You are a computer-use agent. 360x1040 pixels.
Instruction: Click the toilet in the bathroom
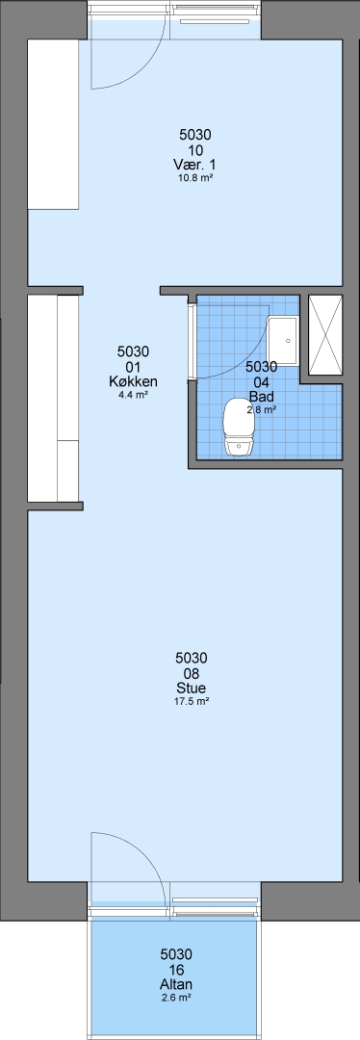(x=238, y=427)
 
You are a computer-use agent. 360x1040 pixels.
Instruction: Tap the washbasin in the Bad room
(x=283, y=340)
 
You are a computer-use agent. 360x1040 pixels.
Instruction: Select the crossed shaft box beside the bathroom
(x=325, y=336)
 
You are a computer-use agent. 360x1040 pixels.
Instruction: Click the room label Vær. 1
(x=195, y=165)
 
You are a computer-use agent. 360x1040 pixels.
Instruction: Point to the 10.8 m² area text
(x=195, y=178)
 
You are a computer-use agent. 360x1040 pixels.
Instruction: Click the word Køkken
(x=133, y=381)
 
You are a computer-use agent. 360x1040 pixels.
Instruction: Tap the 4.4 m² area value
(x=133, y=395)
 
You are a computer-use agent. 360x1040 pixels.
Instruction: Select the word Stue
(x=192, y=688)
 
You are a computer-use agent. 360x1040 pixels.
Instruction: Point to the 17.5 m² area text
(x=192, y=701)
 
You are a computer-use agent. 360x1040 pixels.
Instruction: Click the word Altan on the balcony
(x=176, y=984)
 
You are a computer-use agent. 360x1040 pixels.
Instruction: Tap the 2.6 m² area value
(x=176, y=998)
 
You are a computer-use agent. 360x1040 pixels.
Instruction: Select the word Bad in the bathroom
(x=261, y=397)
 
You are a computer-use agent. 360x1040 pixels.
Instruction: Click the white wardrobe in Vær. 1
(x=53, y=124)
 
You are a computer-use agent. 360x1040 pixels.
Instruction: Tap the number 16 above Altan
(x=176, y=970)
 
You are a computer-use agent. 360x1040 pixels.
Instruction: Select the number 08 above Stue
(x=192, y=672)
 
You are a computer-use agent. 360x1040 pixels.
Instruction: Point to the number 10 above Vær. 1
(x=195, y=149)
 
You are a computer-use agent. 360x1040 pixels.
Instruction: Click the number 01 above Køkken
(x=133, y=367)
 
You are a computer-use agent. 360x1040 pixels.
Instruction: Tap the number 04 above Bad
(x=261, y=382)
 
